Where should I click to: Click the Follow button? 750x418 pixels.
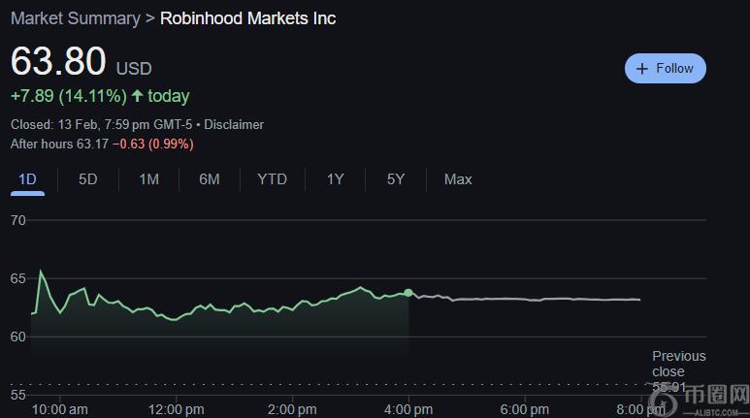pyautogui.click(x=666, y=69)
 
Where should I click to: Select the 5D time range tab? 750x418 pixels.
pyautogui.click(x=88, y=178)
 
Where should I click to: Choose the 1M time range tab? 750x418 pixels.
pyautogui.click(x=148, y=178)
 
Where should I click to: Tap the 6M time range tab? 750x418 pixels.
pyautogui.click(x=209, y=178)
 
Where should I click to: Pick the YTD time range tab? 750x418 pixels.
pyautogui.click(x=272, y=178)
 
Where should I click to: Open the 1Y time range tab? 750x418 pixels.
pyautogui.click(x=335, y=178)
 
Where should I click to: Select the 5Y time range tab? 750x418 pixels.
pyautogui.click(x=395, y=178)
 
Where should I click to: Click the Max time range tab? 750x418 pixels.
pyautogui.click(x=458, y=178)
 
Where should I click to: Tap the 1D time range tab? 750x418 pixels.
pyautogui.click(x=27, y=178)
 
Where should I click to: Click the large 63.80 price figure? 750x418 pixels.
pyautogui.click(x=58, y=61)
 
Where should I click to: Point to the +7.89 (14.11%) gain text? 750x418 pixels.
pyautogui.click(x=68, y=96)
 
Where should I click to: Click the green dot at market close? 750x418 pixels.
pyautogui.click(x=408, y=292)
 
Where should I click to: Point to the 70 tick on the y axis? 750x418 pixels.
pyautogui.click(x=18, y=220)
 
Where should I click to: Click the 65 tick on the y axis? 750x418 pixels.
pyautogui.click(x=18, y=278)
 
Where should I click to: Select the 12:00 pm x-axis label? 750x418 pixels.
pyautogui.click(x=176, y=409)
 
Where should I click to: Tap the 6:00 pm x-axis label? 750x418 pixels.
pyautogui.click(x=525, y=409)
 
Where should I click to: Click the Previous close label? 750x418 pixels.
pyautogui.click(x=678, y=364)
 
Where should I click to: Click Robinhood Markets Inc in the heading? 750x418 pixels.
pyautogui.click(x=247, y=18)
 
